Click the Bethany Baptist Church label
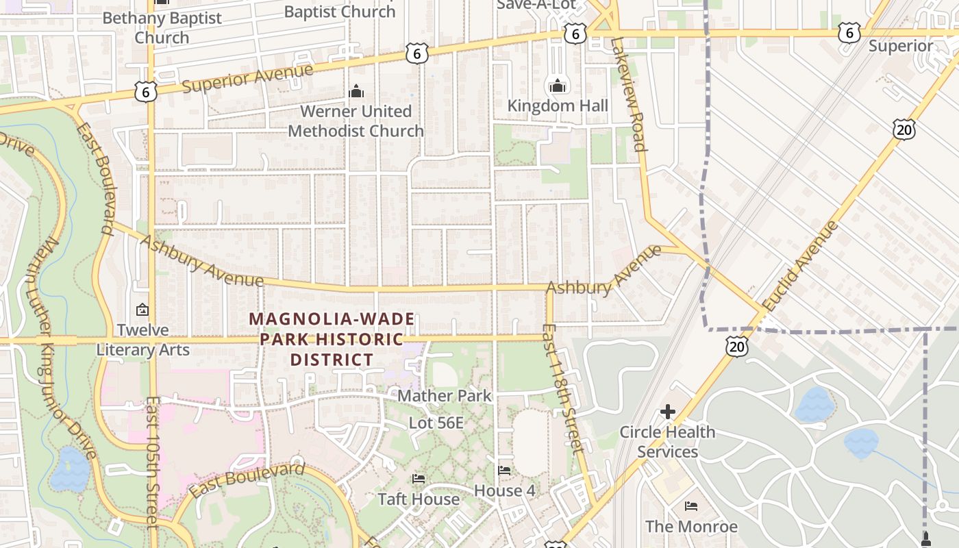coord(162,27)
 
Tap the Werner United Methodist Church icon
coord(356,91)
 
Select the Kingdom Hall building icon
coord(558,86)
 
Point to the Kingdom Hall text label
coord(558,105)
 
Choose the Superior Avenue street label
coord(248,77)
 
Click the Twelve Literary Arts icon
coord(142,310)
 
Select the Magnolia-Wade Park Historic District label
coord(332,339)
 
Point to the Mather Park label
coord(445,395)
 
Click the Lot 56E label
coord(436,423)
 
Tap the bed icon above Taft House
coord(419,478)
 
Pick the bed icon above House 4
coord(504,471)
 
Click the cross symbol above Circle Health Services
coord(667,412)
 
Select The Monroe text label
coord(691,526)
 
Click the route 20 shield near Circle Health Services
coord(737,347)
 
